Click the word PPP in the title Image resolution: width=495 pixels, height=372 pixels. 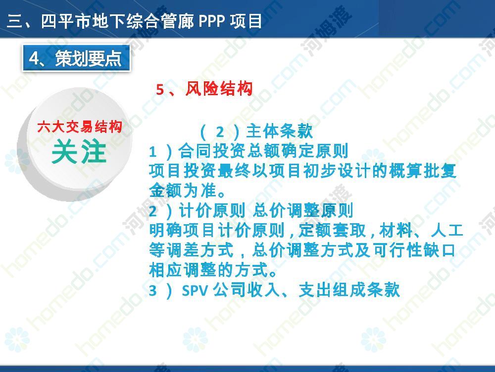pyautogui.click(x=211, y=21)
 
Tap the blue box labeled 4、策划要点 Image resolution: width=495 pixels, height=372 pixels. pyautogui.click(x=76, y=58)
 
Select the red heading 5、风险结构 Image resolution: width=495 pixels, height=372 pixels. pyautogui.click(x=204, y=89)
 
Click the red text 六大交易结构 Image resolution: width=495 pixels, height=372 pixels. pyautogui.click(x=80, y=127)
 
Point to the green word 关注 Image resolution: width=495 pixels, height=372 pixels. pyautogui.click(x=79, y=152)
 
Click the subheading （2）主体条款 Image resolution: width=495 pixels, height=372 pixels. pyautogui.click(x=256, y=131)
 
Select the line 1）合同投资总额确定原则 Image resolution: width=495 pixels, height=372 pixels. pyautogui.click(x=249, y=151)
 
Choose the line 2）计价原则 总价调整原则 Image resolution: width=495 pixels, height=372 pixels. pyautogui.click(x=251, y=211)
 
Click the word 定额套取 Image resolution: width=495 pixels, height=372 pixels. pyautogui.click(x=332, y=231)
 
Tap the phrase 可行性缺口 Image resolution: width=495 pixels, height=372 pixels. pyautogui.click(x=414, y=250)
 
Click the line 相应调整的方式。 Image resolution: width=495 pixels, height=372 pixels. pyautogui.click(x=213, y=270)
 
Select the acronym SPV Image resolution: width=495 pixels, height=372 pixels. pyautogui.click(x=195, y=290)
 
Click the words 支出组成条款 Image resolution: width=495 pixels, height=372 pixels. pyautogui.click(x=349, y=290)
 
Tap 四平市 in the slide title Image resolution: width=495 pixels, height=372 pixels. pyautogui.click(x=67, y=21)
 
